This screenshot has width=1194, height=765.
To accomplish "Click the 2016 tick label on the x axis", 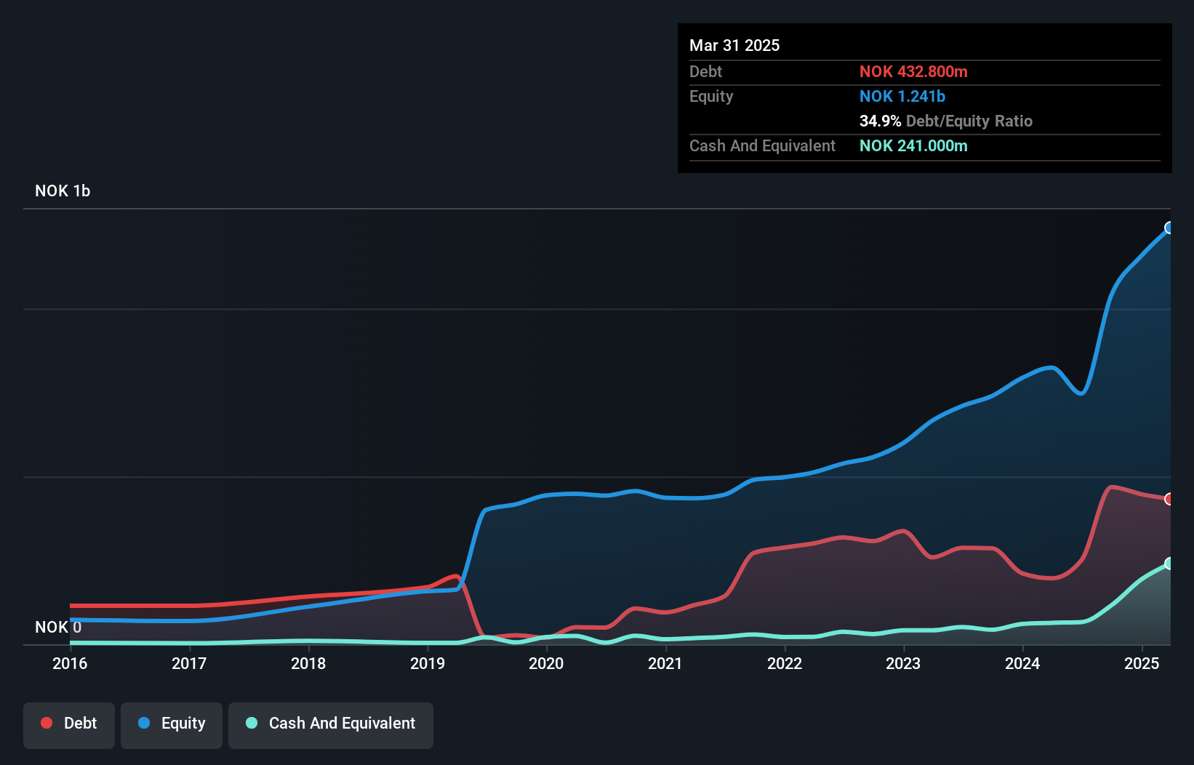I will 70,663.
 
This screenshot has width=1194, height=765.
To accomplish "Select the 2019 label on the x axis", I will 428,663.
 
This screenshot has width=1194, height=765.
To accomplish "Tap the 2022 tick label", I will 785,663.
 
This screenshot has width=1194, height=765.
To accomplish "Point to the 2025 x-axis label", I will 1142,663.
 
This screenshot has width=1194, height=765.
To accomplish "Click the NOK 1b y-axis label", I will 63,191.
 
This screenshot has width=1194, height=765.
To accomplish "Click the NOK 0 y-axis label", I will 58,627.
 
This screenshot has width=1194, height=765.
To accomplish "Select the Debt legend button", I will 69,723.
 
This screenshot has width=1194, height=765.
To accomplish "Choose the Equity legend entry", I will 172,723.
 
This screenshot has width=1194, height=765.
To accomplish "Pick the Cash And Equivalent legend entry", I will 331,723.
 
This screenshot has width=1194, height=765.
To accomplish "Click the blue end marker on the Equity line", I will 1169,228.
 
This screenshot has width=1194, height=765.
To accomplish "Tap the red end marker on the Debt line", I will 1169,499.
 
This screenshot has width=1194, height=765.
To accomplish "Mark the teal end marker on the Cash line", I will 1169,564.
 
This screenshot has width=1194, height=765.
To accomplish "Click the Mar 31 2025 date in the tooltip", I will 734,45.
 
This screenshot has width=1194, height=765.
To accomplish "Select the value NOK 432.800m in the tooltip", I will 913,71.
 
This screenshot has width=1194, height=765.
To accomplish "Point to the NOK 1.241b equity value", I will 902,96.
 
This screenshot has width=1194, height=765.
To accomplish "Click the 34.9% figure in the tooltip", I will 880,121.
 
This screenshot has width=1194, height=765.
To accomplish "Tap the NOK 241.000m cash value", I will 913,145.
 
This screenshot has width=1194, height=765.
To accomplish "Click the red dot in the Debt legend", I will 47,723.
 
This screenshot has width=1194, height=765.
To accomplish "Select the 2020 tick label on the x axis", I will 546,663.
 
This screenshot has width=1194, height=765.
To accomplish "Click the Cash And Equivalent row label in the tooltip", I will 762,145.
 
